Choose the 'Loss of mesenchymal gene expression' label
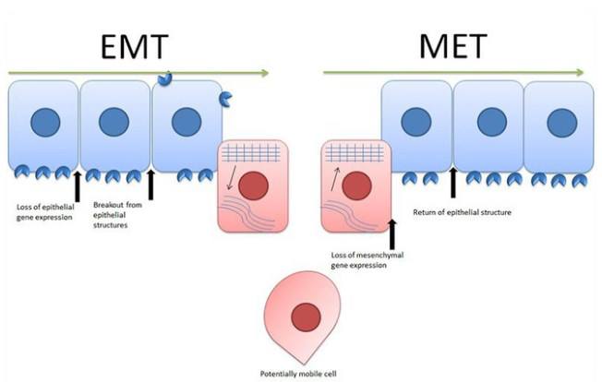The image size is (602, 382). [x=360, y=258]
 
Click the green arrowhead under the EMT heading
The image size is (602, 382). [x=265, y=73]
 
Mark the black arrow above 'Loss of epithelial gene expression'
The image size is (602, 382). [x=77, y=185]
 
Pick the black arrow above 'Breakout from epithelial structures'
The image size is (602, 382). [x=150, y=185]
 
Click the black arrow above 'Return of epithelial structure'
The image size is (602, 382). [x=452, y=183]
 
